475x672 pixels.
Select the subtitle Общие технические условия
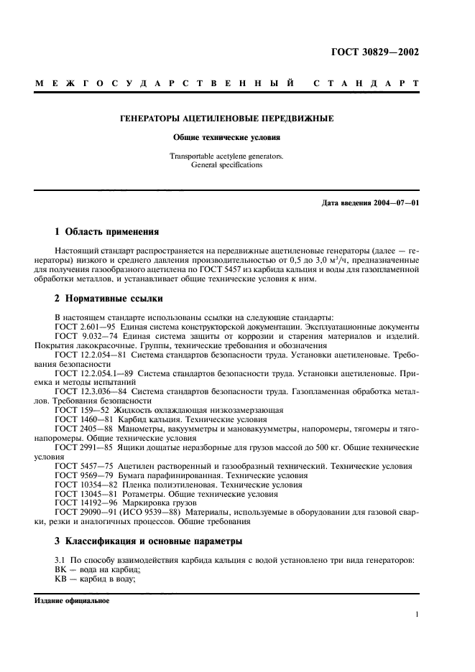click(x=226, y=136)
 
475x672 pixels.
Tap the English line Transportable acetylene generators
click(x=226, y=155)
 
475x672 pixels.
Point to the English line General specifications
click(x=226, y=164)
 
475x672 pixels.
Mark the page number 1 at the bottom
click(x=417, y=615)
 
